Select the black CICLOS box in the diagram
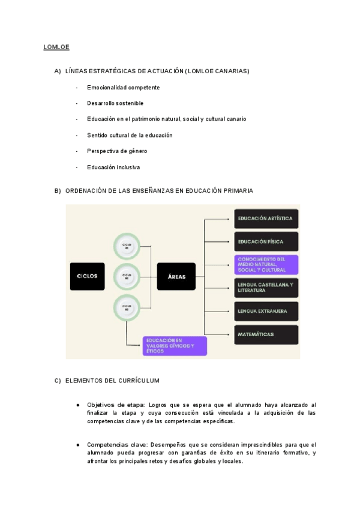(x=87, y=276)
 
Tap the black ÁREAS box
(x=176, y=277)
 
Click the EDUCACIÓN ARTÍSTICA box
(x=266, y=218)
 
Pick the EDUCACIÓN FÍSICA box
(x=266, y=242)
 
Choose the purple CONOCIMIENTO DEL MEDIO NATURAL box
(x=266, y=265)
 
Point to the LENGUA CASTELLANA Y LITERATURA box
(x=266, y=288)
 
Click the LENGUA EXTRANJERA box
(x=266, y=311)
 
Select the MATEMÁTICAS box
(x=266, y=334)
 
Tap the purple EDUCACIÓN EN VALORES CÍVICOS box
(x=175, y=346)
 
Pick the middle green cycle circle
(x=127, y=276)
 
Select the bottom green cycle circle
(x=127, y=307)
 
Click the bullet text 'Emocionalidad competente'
(x=123, y=88)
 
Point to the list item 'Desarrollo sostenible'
(x=115, y=103)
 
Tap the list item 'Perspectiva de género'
(x=117, y=151)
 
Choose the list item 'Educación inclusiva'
(x=113, y=167)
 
